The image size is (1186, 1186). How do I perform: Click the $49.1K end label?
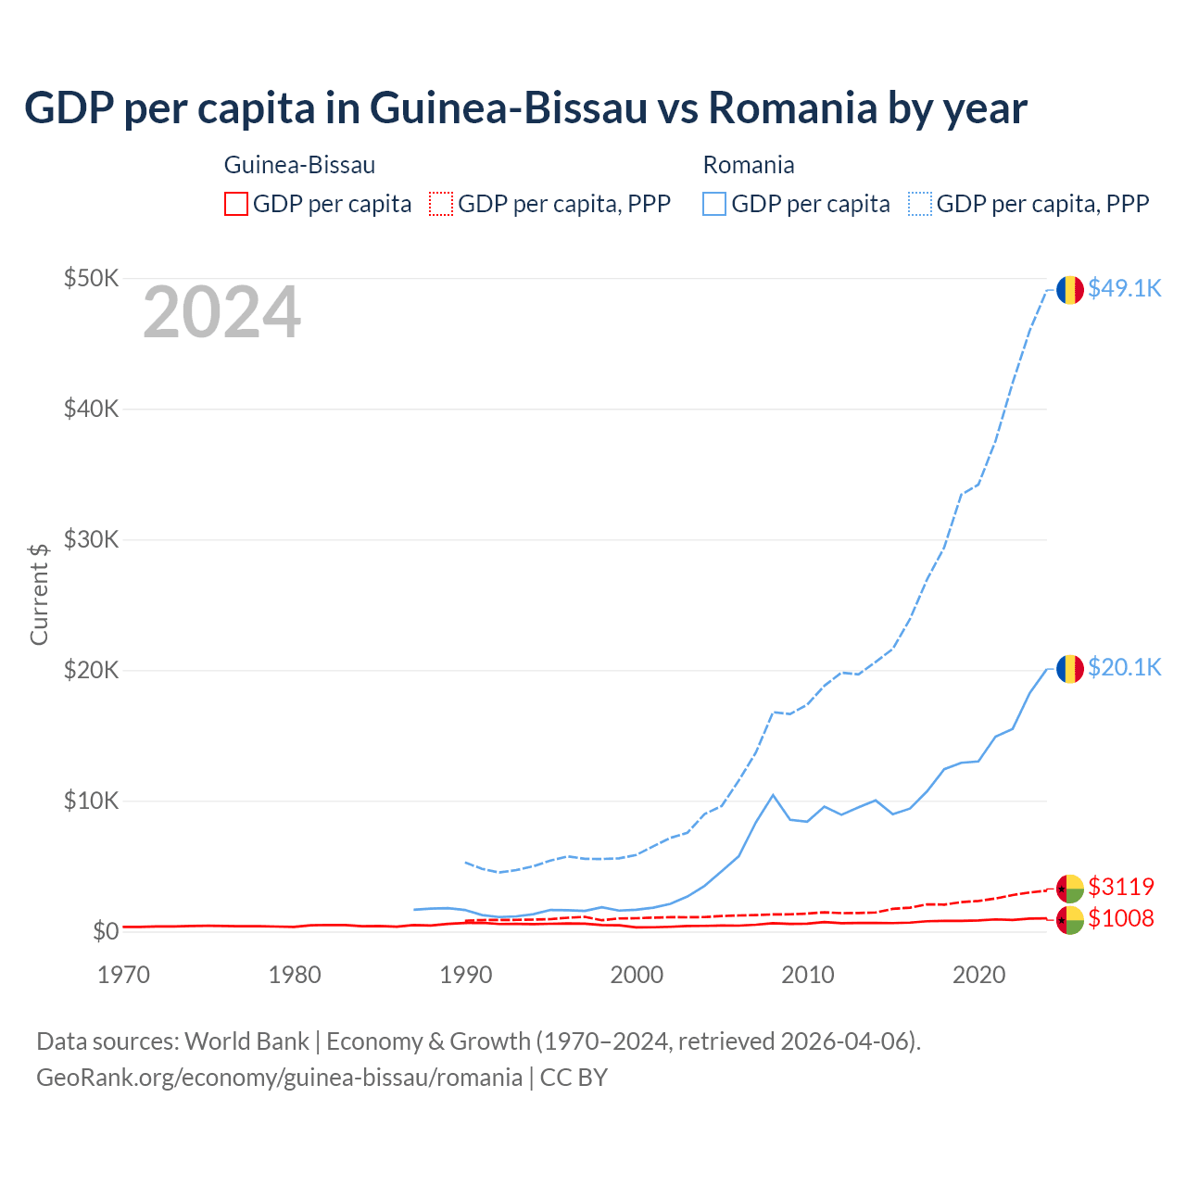[1124, 288]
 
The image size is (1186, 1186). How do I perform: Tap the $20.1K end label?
[1124, 667]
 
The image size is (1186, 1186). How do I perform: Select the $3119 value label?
[1121, 887]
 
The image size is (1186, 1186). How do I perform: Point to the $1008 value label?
[1121, 918]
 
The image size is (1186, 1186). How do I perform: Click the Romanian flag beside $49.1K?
[1070, 289]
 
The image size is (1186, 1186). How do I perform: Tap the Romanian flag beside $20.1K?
[1070, 668]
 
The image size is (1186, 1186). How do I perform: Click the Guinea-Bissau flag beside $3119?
[1070, 889]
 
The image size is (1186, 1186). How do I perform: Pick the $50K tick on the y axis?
[91, 278]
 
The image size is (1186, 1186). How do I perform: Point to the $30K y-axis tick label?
[91, 539]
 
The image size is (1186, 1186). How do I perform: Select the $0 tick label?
[106, 931]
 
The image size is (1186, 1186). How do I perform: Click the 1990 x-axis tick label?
[465, 975]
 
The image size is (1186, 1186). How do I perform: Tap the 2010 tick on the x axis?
[808, 975]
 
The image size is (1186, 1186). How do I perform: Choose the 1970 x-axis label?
[123, 975]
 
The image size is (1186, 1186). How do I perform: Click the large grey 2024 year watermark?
[221, 312]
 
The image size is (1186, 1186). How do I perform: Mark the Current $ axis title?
[39, 594]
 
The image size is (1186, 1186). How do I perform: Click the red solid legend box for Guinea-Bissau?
[236, 204]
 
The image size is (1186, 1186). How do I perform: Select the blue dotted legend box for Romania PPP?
[920, 204]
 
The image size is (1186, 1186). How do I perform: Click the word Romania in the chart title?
[793, 107]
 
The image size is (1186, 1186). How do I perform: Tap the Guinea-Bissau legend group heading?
[299, 165]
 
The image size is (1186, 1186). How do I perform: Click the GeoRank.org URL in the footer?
[279, 1078]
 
